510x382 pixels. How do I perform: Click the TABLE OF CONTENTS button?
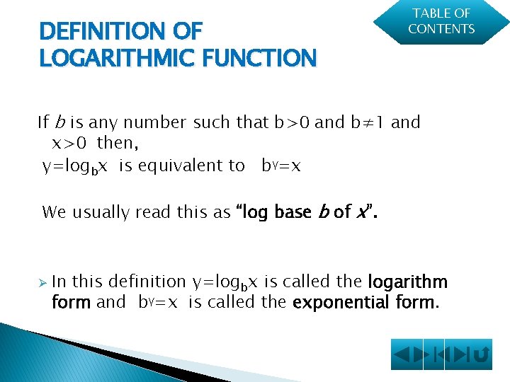coord(442,22)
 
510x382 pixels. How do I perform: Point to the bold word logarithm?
coord(408,282)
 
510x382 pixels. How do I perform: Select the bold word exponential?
coord(336,303)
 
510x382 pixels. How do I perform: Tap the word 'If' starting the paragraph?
coord(42,122)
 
